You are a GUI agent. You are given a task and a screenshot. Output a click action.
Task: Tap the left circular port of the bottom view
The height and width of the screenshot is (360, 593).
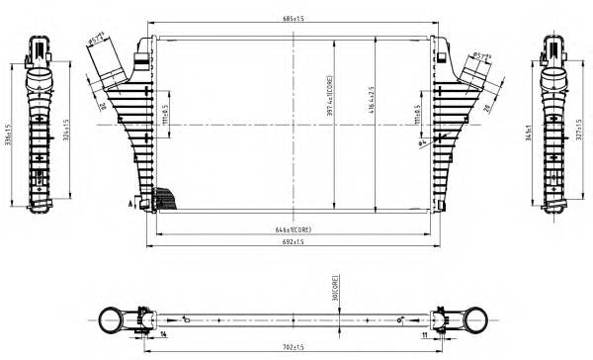pyautogui.click(x=110, y=319)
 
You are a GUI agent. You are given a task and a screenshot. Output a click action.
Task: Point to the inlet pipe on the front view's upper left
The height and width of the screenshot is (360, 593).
pyautogui.click(x=108, y=64)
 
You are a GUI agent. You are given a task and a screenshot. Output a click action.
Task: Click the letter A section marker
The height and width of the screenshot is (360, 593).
pyautogui.click(x=129, y=203)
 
